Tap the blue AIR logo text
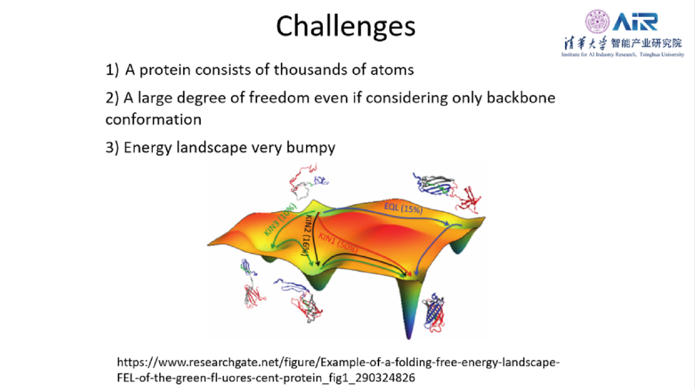click(635, 22)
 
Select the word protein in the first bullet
click(165, 70)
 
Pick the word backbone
click(521, 97)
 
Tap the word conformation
click(154, 119)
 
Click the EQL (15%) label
click(403, 208)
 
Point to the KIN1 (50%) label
click(338, 243)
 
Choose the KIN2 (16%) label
click(307, 235)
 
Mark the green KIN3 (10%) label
click(280, 219)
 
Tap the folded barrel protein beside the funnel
click(434, 313)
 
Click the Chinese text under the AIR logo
click(623, 43)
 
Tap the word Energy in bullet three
click(148, 148)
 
